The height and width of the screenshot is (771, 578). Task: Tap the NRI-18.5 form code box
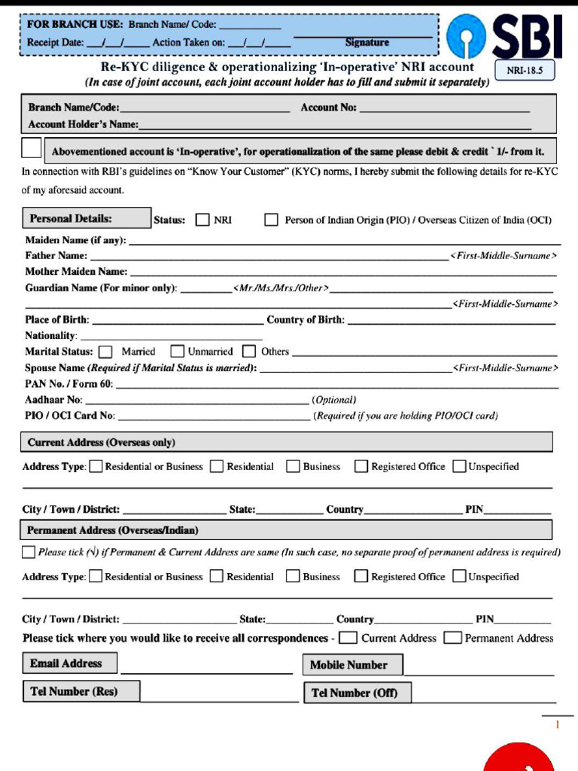(525, 71)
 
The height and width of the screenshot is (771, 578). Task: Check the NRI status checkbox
(202, 220)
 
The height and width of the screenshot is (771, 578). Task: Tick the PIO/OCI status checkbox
(271, 220)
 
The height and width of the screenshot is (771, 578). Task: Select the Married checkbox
(106, 352)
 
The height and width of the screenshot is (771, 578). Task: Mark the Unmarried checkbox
(178, 352)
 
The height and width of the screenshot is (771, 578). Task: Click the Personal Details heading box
(87, 218)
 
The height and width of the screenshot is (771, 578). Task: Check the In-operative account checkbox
(32, 148)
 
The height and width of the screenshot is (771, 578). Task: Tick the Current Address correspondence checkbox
(348, 638)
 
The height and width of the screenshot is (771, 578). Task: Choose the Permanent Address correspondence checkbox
(452, 638)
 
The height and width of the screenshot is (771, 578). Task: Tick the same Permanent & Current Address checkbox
(29, 552)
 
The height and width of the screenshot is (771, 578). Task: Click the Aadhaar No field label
(53, 400)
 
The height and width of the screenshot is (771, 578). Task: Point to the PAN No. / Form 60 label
(68, 384)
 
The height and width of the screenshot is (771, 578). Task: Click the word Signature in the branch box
(367, 43)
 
